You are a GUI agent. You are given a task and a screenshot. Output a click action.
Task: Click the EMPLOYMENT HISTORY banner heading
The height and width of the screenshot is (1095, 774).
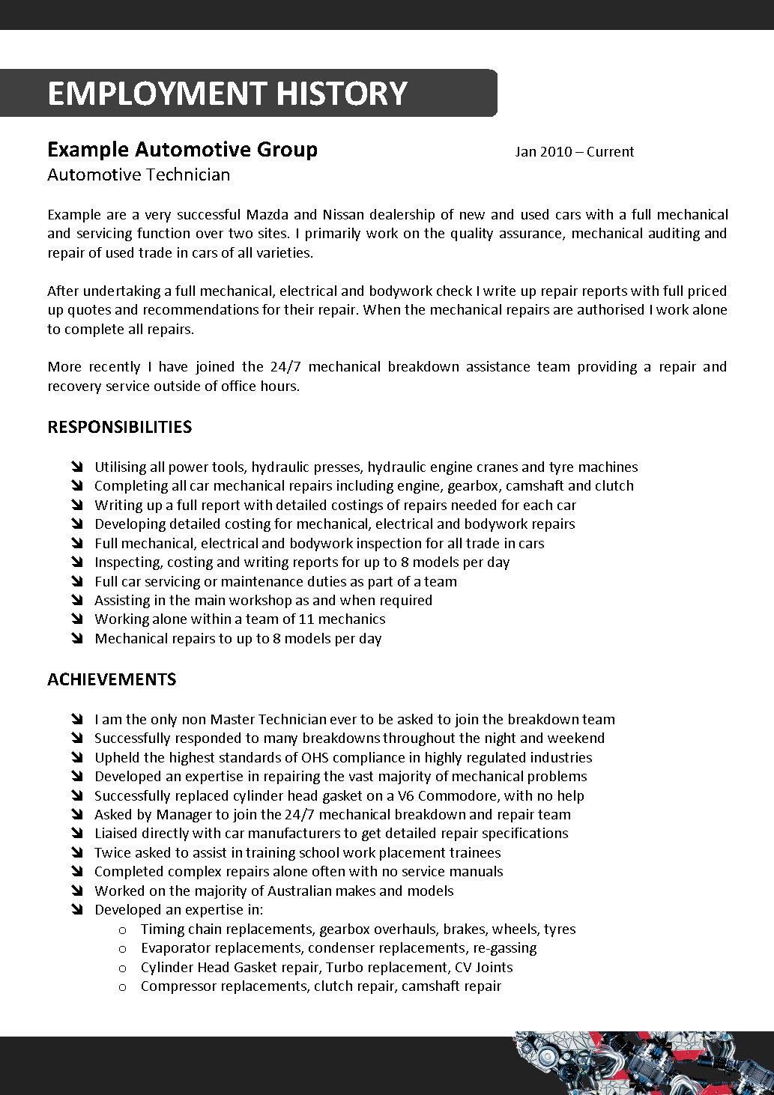(x=227, y=94)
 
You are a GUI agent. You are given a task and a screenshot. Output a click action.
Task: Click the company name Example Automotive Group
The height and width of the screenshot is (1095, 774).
(x=182, y=150)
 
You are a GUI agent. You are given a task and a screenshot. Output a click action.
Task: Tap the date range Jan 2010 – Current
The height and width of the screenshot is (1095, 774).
(x=574, y=152)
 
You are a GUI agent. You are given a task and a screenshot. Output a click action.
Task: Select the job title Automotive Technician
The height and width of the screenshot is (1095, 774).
(x=139, y=175)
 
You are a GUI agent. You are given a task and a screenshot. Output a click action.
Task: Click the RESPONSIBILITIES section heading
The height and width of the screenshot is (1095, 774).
(x=119, y=427)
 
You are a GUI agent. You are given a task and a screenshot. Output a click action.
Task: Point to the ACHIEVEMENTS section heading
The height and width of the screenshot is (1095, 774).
(x=112, y=679)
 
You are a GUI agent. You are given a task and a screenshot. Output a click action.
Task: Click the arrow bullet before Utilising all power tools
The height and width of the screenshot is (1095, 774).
(x=77, y=467)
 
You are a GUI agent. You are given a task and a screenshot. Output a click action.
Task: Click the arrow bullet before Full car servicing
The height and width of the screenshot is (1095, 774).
(x=77, y=582)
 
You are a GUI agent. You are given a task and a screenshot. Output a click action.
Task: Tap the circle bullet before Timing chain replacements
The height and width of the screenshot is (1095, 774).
(x=123, y=929)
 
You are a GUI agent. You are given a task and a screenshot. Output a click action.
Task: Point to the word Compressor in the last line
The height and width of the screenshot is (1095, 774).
(x=178, y=986)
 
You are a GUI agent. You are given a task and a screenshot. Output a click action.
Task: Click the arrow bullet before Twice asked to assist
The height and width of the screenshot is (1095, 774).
(x=77, y=853)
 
